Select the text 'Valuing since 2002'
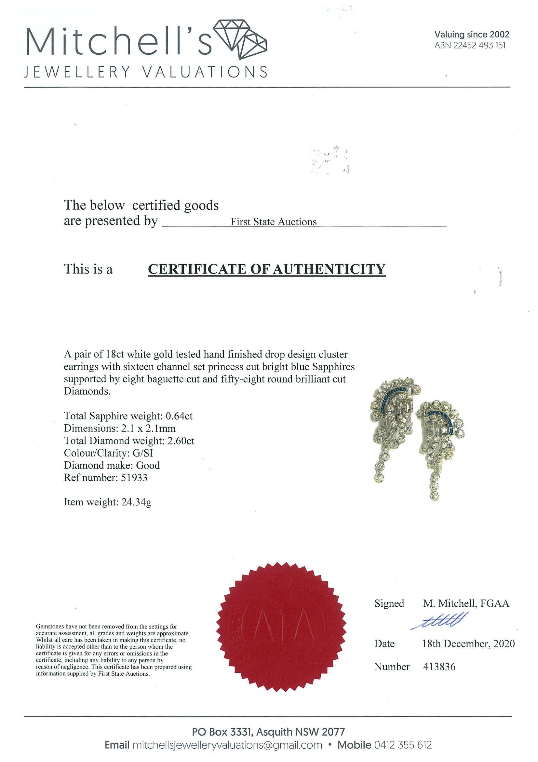(472, 34)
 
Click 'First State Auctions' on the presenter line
(274, 222)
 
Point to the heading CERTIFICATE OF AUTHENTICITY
(266, 269)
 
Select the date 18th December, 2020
(468, 644)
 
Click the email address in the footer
(227, 745)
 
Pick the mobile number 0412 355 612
(403, 745)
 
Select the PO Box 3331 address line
(268, 732)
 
